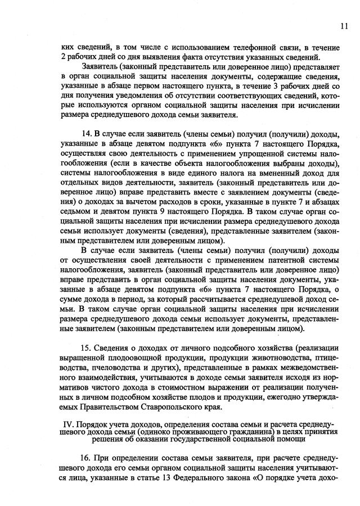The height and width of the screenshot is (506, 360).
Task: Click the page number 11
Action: [x=344, y=25]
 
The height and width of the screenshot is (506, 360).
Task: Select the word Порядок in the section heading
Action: [x=86, y=423]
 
